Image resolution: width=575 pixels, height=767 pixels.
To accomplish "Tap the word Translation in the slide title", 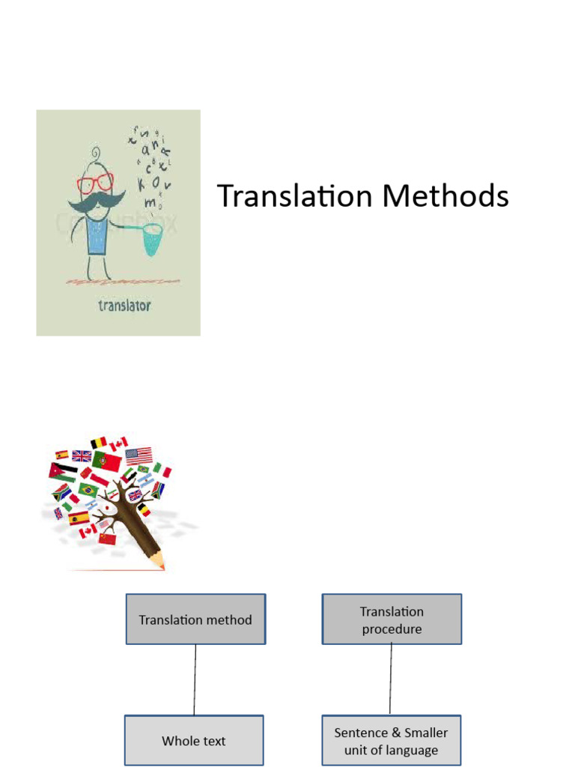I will [294, 196].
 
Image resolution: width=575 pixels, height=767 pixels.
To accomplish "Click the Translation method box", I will [195, 619].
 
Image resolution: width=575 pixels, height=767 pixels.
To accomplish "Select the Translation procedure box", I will [392, 619].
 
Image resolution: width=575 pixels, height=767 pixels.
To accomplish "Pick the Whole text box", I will [193, 741].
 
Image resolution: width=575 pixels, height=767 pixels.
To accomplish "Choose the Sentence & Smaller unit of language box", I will [391, 741].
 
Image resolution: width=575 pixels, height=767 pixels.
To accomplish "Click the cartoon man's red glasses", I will [95, 182].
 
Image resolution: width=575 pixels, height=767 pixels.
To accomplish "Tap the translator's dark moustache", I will [96, 201].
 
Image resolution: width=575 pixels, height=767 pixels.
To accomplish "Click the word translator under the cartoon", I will [124, 305].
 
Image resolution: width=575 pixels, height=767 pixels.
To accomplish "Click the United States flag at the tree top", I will [139, 455].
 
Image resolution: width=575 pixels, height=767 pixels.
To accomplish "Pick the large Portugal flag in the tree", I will [106, 460].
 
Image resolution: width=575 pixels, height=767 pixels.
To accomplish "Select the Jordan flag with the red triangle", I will [63, 472].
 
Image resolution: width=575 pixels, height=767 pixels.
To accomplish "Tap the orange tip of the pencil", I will [162, 567].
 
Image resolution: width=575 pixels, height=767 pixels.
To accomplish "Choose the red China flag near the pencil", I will [107, 538].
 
